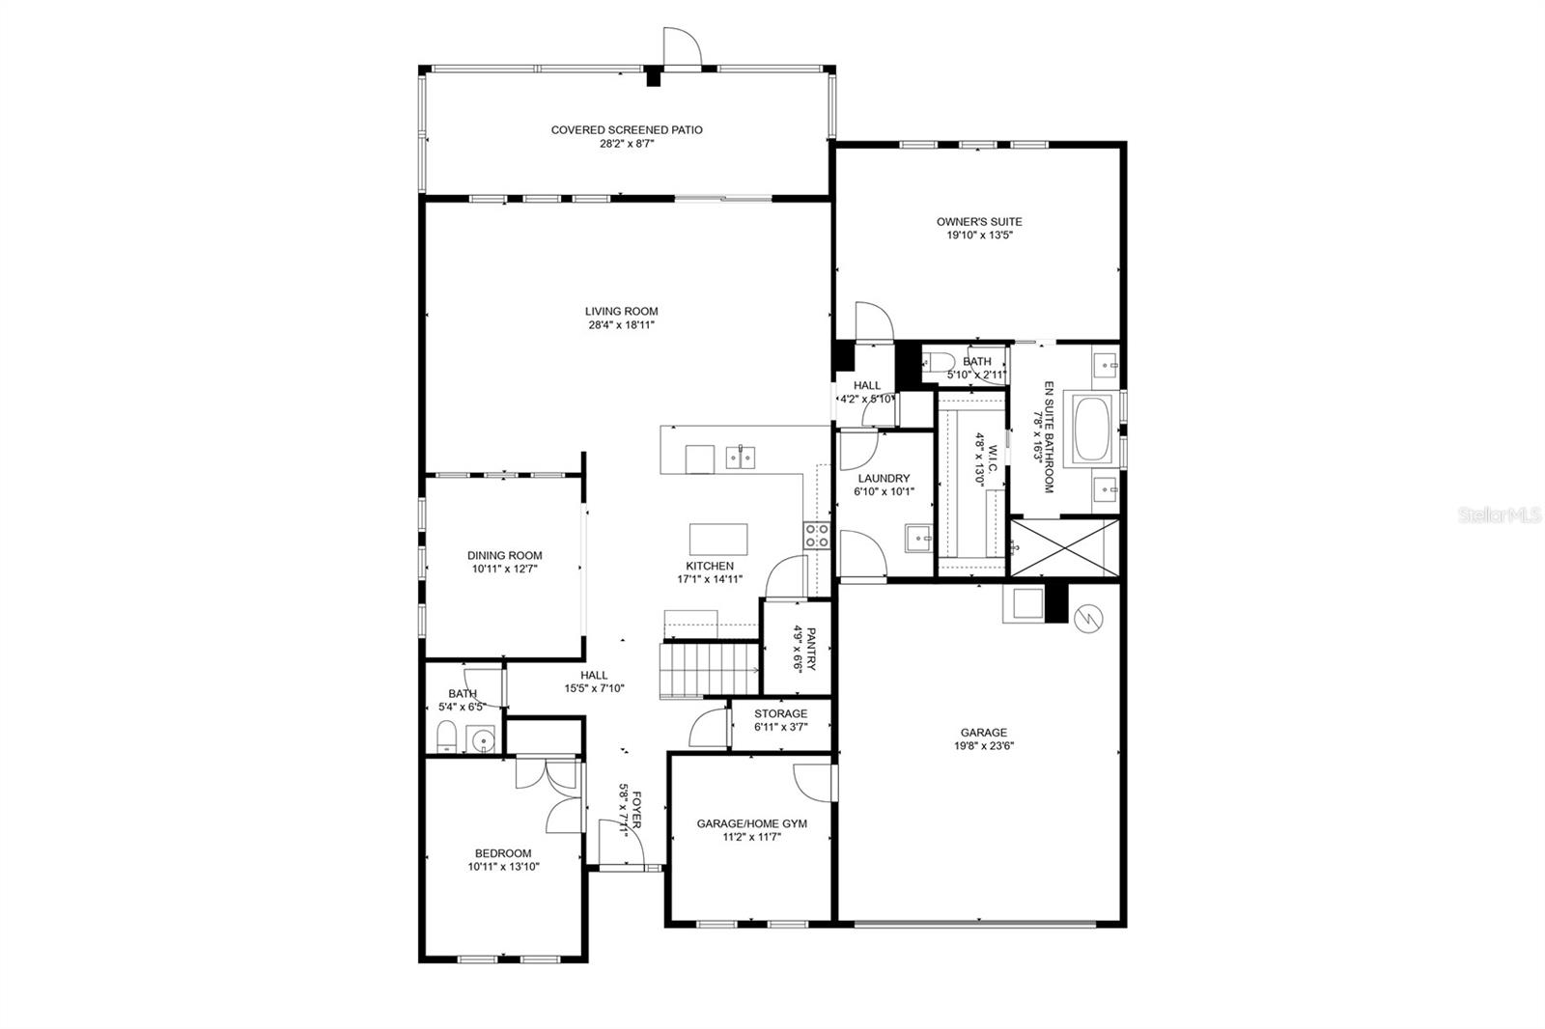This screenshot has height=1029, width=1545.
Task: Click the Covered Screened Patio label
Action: pyautogui.click(x=627, y=129)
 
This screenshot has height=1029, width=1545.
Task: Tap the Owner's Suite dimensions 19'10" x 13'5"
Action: pyautogui.click(x=979, y=236)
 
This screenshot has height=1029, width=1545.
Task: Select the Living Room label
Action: pyautogui.click(x=622, y=311)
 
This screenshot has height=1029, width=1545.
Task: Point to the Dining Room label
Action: pyautogui.click(x=505, y=555)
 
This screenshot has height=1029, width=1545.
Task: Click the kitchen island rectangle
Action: pyautogui.click(x=718, y=540)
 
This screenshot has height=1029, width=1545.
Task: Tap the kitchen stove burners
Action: pyautogui.click(x=816, y=535)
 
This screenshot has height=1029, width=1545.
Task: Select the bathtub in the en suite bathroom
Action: pyautogui.click(x=1091, y=429)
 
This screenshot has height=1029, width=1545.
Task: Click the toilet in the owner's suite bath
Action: pyautogui.click(x=938, y=362)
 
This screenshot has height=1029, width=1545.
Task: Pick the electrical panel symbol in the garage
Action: pyautogui.click(x=1088, y=618)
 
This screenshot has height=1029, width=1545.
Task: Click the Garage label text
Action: pyautogui.click(x=984, y=733)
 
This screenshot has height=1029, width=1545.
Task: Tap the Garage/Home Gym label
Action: pyautogui.click(x=752, y=823)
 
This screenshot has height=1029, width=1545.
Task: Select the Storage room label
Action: pyautogui.click(x=781, y=713)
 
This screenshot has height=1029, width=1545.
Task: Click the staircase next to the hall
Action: pyautogui.click(x=709, y=670)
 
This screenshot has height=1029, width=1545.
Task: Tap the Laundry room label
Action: pyautogui.click(x=885, y=478)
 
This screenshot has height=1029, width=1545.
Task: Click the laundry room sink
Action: pyautogui.click(x=918, y=538)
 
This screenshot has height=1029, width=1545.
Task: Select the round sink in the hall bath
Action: pyautogui.click(x=480, y=739)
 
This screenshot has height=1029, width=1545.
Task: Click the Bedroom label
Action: pyautogui.click(x=503, y=853)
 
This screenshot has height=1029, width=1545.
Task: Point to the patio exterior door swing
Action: pyautogui.click(x=682, y=47)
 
